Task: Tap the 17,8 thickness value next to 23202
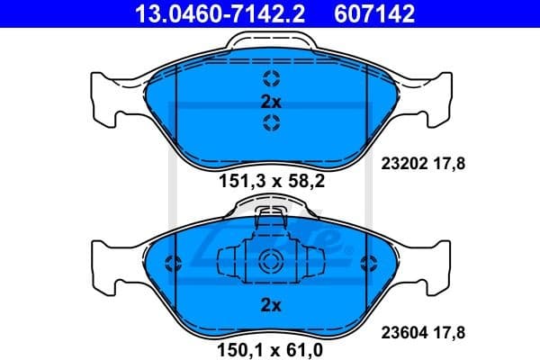[x=447, y=165]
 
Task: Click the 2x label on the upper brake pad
[x=271, y=101]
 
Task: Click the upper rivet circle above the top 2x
[x=271, y=78]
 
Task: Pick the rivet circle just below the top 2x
[x=271, y=122]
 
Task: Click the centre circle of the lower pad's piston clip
[x=271, y=262]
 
